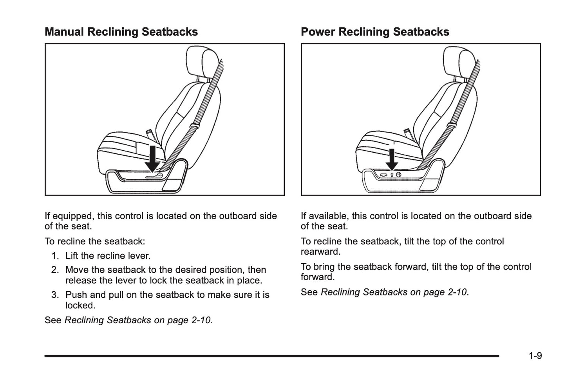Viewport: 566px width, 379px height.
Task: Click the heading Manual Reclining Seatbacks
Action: [121, 32]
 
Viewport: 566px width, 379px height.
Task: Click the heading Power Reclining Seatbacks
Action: [375, 32]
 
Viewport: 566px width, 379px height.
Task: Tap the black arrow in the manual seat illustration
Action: [152, 159]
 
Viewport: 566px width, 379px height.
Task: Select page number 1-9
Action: [535, 356]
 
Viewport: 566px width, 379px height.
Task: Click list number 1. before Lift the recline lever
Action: [55, 256]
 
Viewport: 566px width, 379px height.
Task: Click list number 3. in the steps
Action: [55, 295]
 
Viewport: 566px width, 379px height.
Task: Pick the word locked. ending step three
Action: [80, 306]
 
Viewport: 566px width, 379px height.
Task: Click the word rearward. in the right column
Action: [320, 251]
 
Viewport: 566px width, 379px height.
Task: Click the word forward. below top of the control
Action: [317, 277]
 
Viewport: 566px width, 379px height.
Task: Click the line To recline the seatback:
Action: [95, 241]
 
